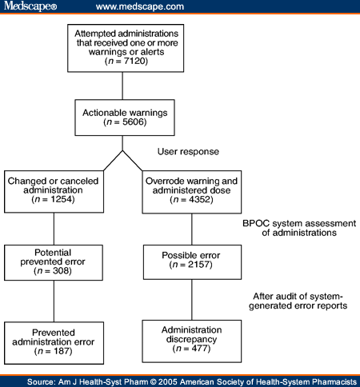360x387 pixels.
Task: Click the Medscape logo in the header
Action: [x=30, y=6]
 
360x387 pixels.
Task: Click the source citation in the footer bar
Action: [x=180, y=378]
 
